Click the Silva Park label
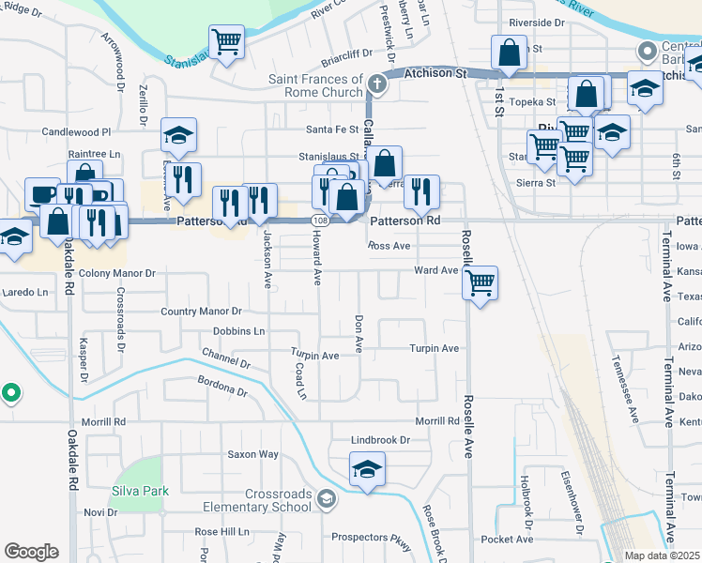click(x=139, y=491)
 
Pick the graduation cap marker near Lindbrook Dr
click(x=367, y=470)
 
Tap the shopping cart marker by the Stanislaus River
click(x=226, y=41)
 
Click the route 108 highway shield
click(x=321, y=219)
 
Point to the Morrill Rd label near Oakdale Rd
click(x=103, y=422)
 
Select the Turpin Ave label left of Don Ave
click(x=314, y=356)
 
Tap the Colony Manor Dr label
click(x=117, y=273)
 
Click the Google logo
click(x=31, y=552)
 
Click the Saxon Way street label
click(x=253, y=454)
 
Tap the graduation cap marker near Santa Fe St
click(x=178, y=135)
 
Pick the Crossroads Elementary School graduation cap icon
click(x=326, y=497)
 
